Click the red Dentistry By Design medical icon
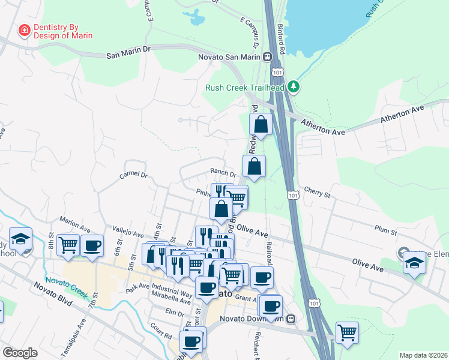25,30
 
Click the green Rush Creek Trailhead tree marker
293,87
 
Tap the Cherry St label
318,194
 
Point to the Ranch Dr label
222,173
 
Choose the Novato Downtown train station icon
291,319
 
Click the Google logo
20,353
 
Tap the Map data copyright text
423,355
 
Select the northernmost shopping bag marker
261,125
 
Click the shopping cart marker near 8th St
69,244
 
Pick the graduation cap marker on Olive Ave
414,262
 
